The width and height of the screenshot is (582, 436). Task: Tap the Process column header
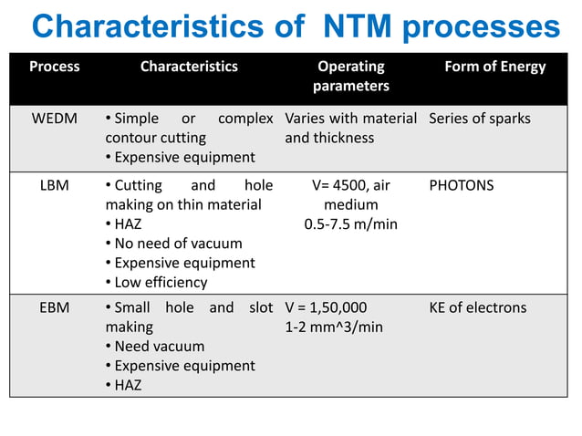click(x=55, y=67)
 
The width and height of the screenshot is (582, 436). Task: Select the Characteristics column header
click(x=189, y=67)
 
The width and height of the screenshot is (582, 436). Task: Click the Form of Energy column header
click(x=494, y=67)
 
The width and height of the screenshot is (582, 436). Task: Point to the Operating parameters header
click(x=351, y=76)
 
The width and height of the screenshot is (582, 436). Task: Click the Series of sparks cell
click(x=479, y=119)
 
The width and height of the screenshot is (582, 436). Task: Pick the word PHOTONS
click(x=461, y=185)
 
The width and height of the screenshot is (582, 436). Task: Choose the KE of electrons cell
click(x=477, y=307)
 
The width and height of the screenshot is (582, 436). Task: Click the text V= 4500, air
click(x=351, y=185)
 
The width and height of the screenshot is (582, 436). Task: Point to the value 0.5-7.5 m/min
click(x=351, y=223)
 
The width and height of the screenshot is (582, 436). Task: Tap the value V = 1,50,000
click(x=326, y=307)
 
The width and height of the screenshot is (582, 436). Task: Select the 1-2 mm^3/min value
click(x=334, y=327)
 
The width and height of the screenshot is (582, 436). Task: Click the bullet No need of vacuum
click(x=178, y=244)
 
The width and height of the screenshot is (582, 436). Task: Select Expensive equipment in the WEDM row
click(x=183, y=158)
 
